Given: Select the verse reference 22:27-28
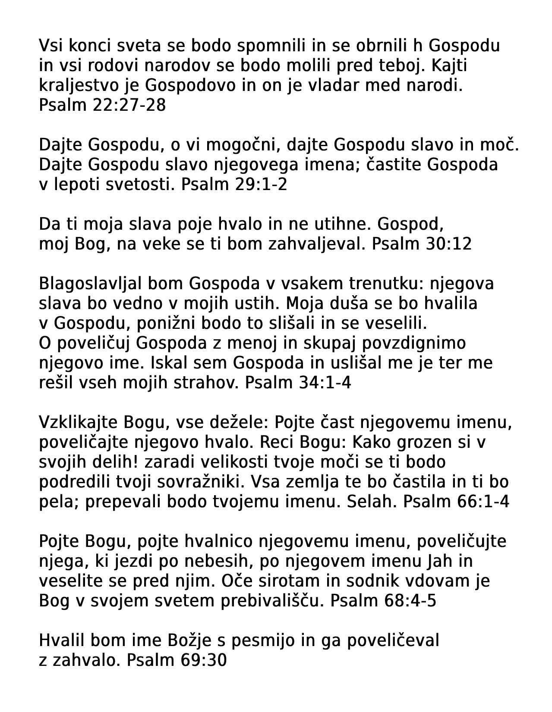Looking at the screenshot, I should [129, 105].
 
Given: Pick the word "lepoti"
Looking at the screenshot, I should [76, 184].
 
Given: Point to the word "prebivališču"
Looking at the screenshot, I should [272, 601].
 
